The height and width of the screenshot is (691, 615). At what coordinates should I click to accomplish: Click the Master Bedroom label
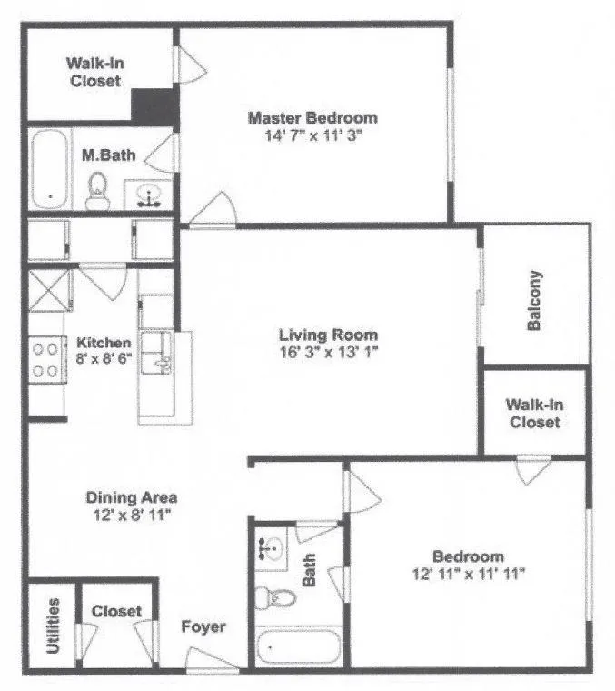pos(312,118)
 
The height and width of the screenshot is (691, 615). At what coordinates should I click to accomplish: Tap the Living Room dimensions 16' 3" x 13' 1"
pos(328,353)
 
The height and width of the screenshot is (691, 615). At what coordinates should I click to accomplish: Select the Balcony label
pos(535,300)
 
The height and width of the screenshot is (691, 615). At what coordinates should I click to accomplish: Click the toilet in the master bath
pos(97,189)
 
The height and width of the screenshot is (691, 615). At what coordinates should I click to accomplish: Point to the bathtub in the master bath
pos(50,169)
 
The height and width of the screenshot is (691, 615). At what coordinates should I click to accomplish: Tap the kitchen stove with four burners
pos(46,359)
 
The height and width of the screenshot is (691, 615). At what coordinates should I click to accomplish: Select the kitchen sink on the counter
pos(163,356)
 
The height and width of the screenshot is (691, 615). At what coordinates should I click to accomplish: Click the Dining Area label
pos(131,497)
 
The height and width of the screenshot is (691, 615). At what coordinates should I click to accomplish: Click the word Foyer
pos(203,627)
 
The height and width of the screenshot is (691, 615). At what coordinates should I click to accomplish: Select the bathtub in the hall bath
pos(298,648)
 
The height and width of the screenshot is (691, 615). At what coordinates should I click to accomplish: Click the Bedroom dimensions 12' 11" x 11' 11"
pos(468,574)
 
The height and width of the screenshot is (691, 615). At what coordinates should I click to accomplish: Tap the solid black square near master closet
pos(154,105)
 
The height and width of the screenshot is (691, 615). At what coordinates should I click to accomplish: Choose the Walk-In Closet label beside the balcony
pos(533,414)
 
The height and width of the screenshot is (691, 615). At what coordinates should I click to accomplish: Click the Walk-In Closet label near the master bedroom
pos(93,72)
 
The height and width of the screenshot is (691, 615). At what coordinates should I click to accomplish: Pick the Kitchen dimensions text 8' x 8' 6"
pos(104,359)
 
